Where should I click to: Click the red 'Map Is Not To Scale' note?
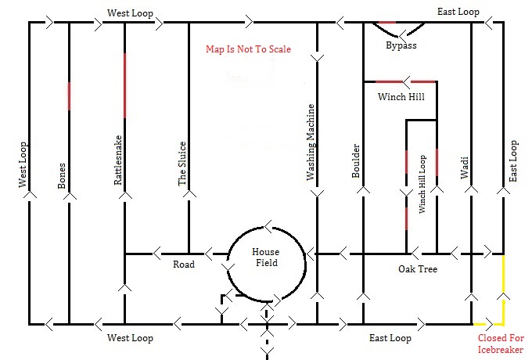(248, 49)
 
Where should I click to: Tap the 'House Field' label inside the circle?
(266, 257)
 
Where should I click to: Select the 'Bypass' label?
(401, 45)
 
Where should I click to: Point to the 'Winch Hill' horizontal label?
(401, 97)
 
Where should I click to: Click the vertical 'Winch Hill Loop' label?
(422, 184)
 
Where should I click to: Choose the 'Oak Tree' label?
(418, 269)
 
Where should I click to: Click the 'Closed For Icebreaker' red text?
(501, 344)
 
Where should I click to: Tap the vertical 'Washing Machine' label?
(311, 142)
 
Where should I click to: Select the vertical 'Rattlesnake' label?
(117, 160)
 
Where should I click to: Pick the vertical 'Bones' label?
(61, 176)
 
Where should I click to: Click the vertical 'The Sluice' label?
(182, 164)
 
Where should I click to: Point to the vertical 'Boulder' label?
(355, 161)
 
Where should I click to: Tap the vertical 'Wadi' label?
(464, 167)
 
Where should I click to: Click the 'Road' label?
(184, 265)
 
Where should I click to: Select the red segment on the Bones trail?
(69, 96)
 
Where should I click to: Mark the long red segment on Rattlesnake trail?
(124, 85)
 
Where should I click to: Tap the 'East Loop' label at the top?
(458, 12)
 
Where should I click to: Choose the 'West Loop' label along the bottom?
(130, 338)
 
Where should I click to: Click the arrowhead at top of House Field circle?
(268, 227)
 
